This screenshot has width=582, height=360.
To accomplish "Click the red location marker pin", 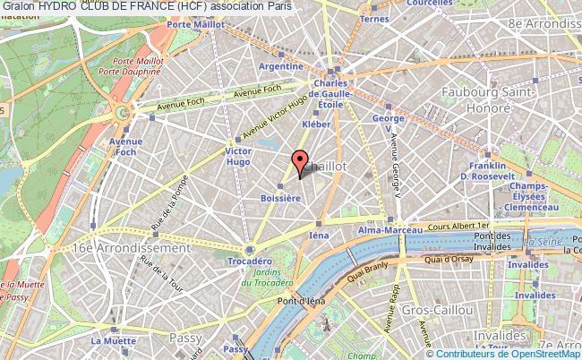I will (299, 163).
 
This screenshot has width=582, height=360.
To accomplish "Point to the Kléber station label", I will (317, 125).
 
